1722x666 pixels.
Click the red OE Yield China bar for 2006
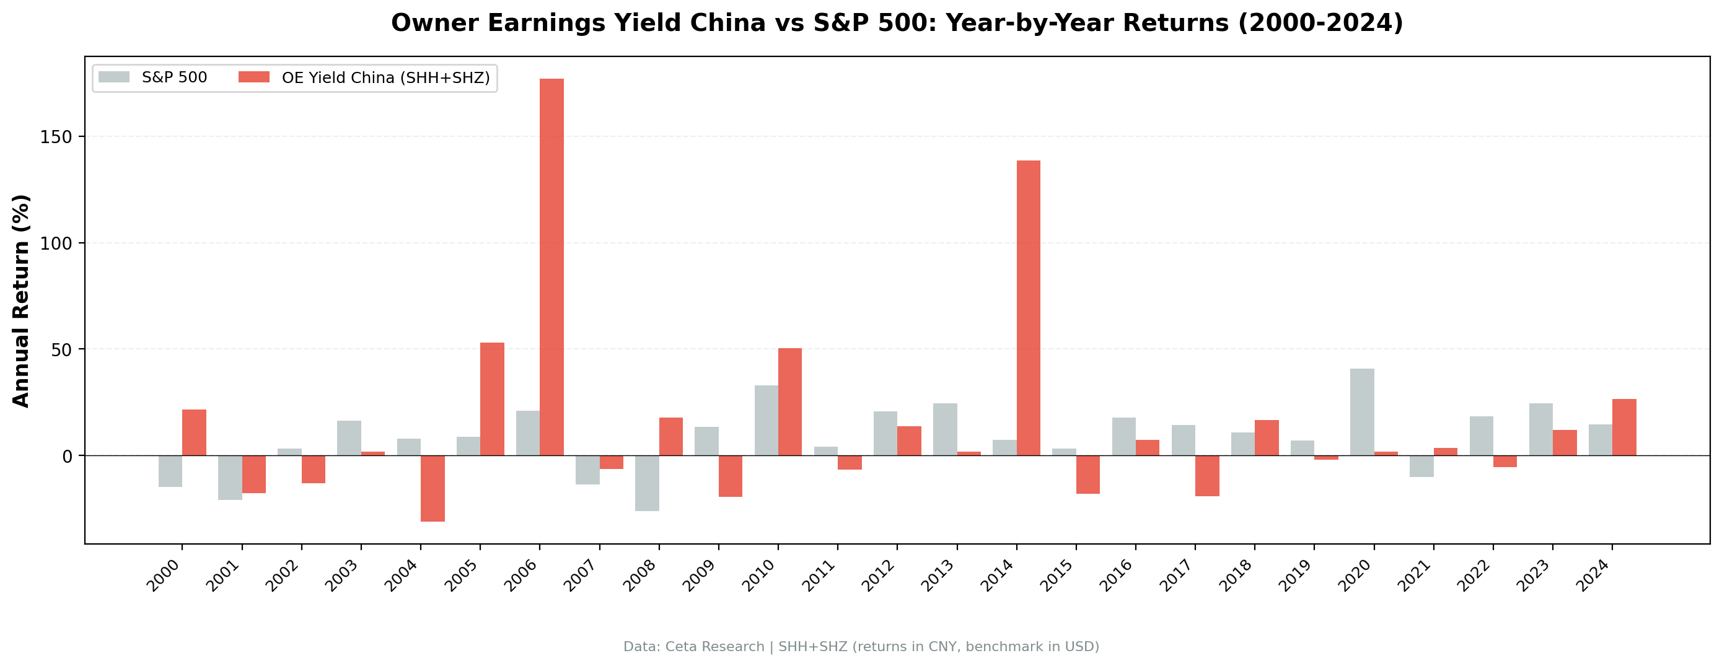pyautogui.click(x=551, y=268)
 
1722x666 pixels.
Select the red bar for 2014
pyautogui.click(x=1028, y=307)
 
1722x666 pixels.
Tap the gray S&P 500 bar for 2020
pyautogui.click(x=1362, y=412)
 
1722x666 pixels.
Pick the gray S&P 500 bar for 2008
pyautogui.click(x=646, y=483)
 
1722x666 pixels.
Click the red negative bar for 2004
pyautogui.click(x=433, y=488)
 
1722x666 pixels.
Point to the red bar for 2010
pyautogui.click(x=789, y=401)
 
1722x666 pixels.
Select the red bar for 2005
pyautogui.click(x=492, y=399)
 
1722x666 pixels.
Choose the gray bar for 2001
pyautogui.click(x=230, y=478)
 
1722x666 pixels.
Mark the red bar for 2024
pyautogui.click(x=1623, y=427)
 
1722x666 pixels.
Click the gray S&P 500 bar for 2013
pyautogui.click(x=944, y=429)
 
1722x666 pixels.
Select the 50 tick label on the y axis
pyautogui.click(x=59, y=349)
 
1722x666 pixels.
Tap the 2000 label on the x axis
pyautogui.click(x=164, y=575)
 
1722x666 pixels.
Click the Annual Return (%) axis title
pyautogui.click(x=22, y=301)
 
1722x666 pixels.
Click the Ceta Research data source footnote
pyautogui.click(x=861, y=647)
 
